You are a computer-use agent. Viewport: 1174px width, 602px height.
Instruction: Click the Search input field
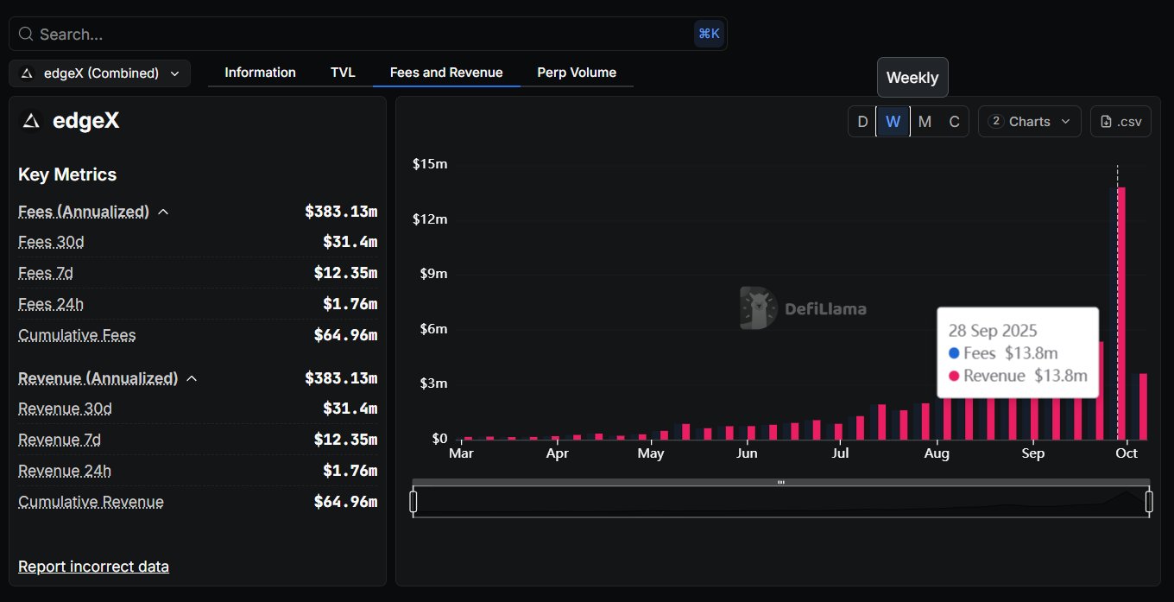point(363,35)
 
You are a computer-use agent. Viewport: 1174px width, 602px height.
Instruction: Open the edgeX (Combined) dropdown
point(100,73)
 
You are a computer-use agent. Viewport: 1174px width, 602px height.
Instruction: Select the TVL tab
point(343,73)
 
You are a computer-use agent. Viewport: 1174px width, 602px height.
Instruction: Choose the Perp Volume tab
point(577,73)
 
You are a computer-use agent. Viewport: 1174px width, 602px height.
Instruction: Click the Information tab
point(260,73)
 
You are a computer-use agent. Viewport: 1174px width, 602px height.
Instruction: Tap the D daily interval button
point(862,122)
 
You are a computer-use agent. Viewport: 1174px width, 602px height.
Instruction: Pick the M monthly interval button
point(925,122)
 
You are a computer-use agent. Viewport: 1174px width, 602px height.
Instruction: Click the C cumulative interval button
point(954,122)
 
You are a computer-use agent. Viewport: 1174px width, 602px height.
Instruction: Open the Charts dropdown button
point(1030,122)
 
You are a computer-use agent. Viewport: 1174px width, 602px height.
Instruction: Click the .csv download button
point(1120,122)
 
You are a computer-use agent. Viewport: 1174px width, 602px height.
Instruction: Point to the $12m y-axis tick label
point(430,219)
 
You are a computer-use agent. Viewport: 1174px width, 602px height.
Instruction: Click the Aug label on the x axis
point(937,453)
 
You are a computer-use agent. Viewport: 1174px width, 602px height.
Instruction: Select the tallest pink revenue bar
point(1121,311)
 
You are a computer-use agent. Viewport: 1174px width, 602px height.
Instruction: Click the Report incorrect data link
point(93,567)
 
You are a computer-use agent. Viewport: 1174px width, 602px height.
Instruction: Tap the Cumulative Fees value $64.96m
point(345,335)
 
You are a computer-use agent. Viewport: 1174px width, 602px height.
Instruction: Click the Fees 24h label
point(51,304)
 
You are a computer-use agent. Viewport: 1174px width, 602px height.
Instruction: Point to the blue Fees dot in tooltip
point(954,353)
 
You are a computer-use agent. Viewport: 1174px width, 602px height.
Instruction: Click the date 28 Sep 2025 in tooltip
point(993,330)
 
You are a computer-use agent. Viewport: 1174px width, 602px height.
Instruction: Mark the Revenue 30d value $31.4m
point(350,409)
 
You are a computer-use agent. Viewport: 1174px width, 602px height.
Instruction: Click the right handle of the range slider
point(1149,502)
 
